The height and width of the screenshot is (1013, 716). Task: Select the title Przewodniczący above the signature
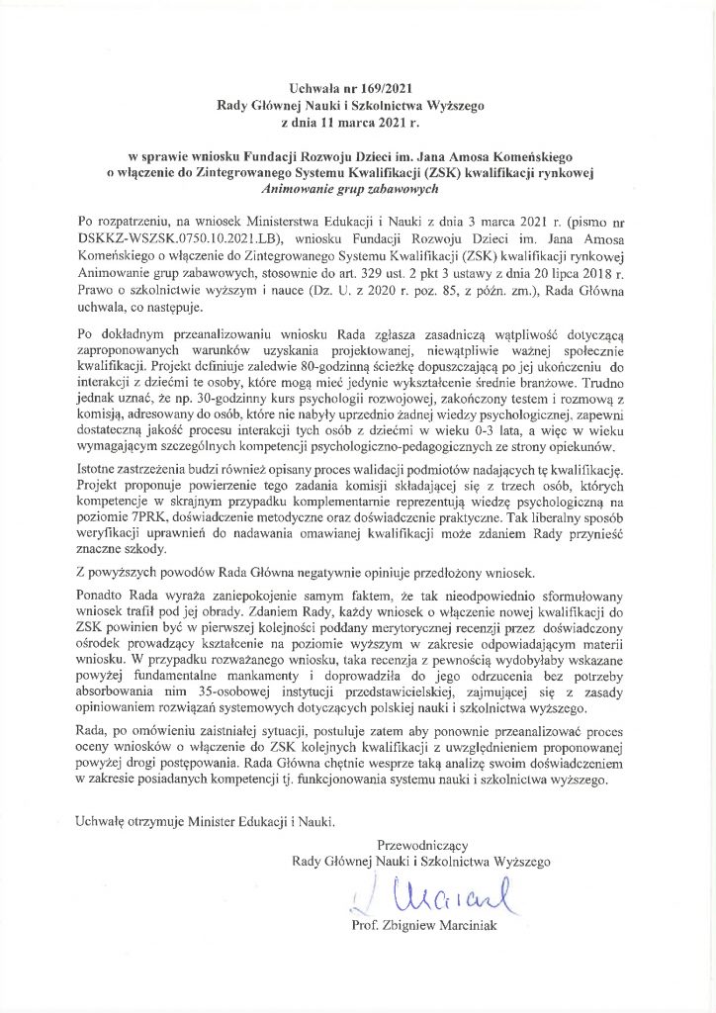420,844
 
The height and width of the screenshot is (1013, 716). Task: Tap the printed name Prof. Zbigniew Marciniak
425,926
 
